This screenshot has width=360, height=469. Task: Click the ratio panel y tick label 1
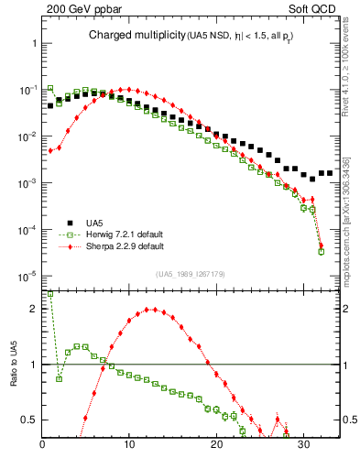(x=34, y=365)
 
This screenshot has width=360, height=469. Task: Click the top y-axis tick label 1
(x=34, y=43)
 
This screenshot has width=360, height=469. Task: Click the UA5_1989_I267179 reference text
(x=191, y=273)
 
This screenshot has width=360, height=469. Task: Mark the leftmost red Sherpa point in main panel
(x=51, y=150)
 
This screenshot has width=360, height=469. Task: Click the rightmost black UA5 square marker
(x=330, y=172)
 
